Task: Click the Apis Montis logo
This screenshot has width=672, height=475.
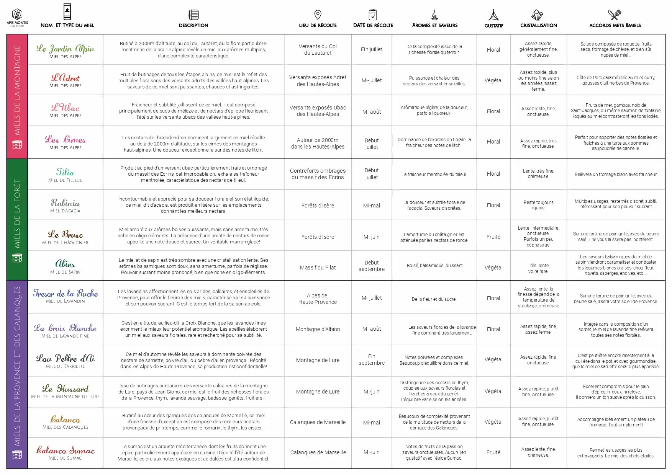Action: point(17,17)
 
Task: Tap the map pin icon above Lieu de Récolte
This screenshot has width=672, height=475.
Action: point(318,15)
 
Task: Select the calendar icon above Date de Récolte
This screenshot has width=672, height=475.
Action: point(373,15)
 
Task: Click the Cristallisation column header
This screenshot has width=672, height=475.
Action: point(538,25)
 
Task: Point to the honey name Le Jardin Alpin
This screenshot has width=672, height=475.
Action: point(66,49)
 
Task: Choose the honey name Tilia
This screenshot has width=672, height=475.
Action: point(65,172)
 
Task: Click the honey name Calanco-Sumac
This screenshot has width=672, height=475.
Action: point(66,450)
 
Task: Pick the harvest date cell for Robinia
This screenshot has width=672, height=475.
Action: point(372,206)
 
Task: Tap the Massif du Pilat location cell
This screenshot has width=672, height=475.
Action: point(318,268)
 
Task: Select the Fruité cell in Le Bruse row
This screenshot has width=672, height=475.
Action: point(493,237)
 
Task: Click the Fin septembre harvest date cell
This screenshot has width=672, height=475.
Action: point(372,360)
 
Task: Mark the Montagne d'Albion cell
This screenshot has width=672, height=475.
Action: point(318,329)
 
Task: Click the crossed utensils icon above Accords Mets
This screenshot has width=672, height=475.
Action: point(615,15)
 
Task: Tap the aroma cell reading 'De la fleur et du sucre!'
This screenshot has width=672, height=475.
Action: point(434,299)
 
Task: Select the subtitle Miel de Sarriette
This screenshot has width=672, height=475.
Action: point(66,366)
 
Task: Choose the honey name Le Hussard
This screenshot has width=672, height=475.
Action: point(66,388)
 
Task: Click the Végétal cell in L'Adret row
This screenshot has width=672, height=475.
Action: point(493,80)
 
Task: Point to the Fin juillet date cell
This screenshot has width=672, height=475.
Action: point(372,49)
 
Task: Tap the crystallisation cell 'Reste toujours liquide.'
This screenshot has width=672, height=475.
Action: point(538,205)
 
